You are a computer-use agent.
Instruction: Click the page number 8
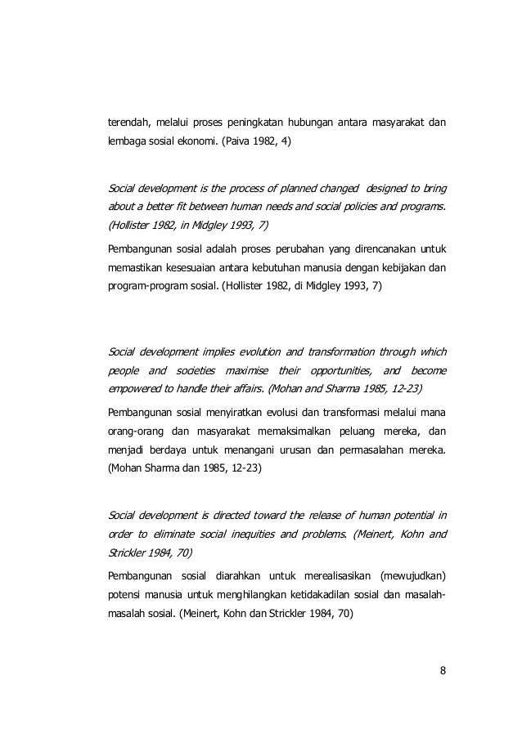click(x=443, y=672)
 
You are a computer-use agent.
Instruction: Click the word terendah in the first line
click(x=130, y=123)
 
